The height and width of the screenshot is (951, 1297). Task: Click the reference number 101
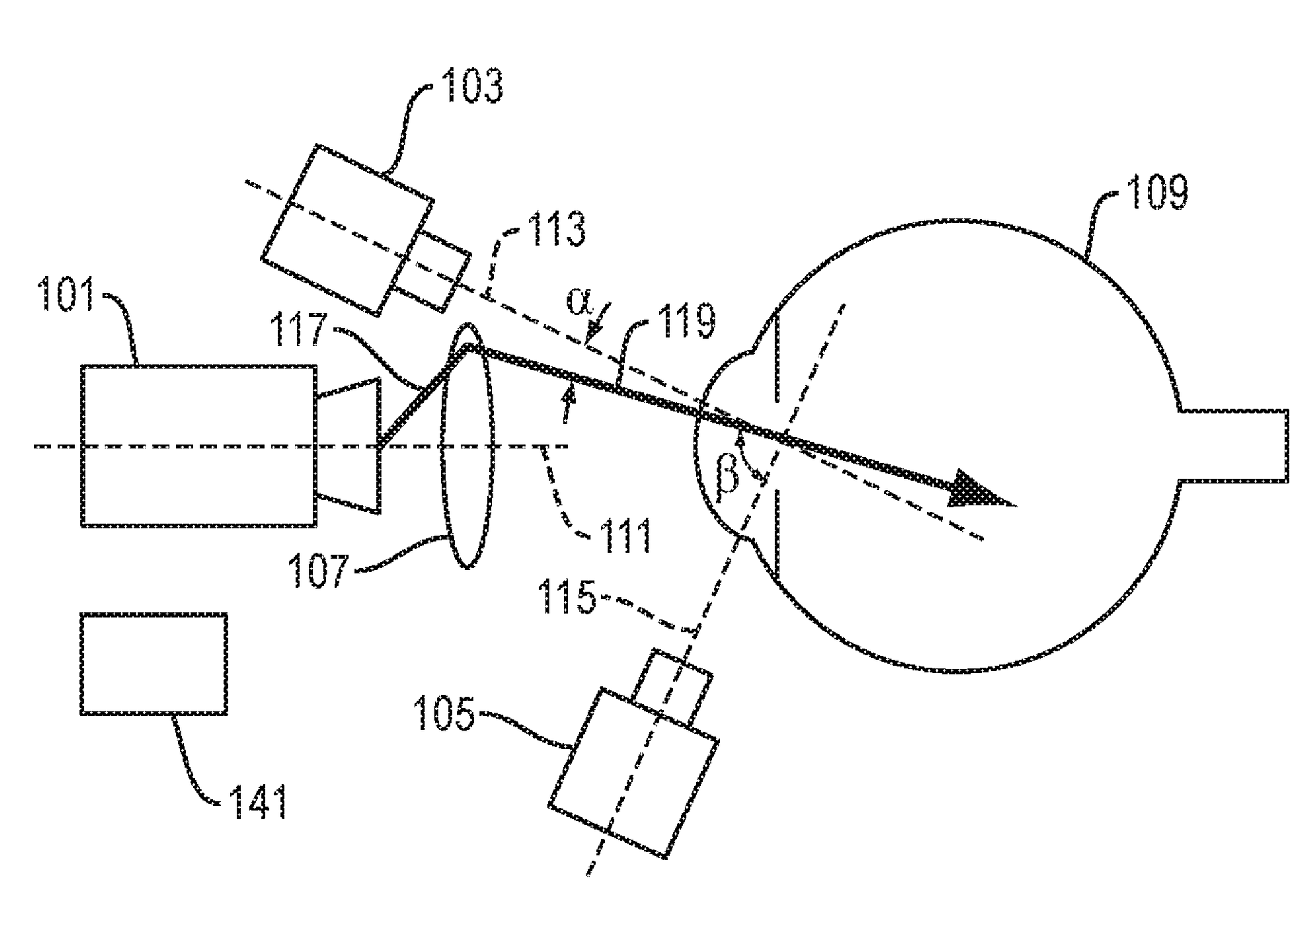(66, 295)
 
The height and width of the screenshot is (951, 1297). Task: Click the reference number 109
(1158, 192)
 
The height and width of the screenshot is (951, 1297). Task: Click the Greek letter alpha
(579, 301)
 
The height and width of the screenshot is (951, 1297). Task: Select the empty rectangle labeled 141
(154, 664)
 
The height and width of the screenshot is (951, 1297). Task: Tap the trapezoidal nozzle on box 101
(348, 446)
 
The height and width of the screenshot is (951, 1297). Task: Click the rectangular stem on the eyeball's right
(1233, 446)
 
